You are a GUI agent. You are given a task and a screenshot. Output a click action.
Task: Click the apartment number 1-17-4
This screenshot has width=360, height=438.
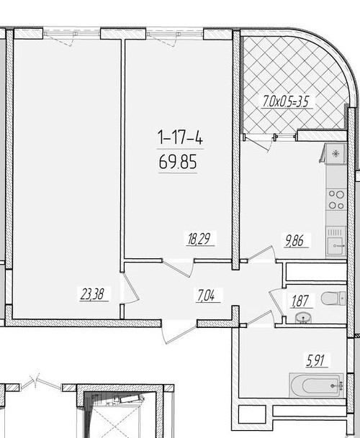176,136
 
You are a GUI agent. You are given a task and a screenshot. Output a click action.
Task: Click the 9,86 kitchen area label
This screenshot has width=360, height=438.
296,242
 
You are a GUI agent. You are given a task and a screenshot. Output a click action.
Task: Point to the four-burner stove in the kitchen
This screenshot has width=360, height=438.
336,199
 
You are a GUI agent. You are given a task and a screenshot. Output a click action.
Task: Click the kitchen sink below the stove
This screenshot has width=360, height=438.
336,244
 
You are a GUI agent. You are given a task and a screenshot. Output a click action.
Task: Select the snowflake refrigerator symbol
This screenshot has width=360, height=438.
336,154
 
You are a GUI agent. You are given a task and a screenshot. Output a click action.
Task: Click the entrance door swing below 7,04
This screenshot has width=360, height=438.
180,332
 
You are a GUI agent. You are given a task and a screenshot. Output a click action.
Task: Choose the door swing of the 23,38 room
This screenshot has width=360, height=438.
130,291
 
